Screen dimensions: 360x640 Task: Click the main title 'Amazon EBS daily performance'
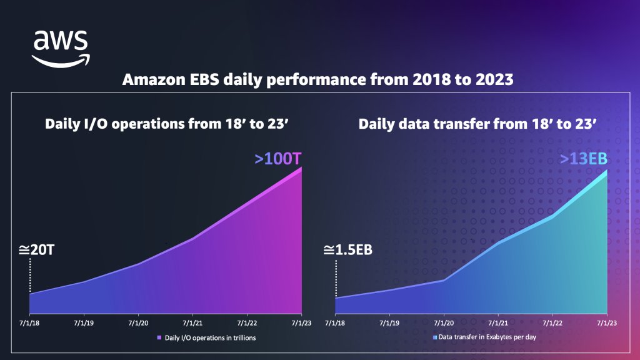[x=319, y=81]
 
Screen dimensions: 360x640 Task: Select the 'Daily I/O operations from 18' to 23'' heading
[x=166, y=124]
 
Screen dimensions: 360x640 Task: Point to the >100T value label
[x=279, y=159]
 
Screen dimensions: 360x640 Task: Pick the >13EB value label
[x=584, y=159]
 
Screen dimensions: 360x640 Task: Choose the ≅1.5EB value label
[x=348, y=251]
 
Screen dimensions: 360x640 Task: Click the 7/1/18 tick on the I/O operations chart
[x=29, y=324]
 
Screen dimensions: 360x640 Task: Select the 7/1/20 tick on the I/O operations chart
[x=138, y=324]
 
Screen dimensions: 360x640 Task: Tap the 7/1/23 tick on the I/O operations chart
[x=302, y=324]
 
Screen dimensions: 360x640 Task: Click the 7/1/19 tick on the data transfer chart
[x=390, y=324]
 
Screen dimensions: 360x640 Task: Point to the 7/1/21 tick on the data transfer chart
[x=498, y=324]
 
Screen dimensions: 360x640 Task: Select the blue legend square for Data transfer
[x=435, y=337]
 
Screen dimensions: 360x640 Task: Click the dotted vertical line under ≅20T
[x=30, y=275]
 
